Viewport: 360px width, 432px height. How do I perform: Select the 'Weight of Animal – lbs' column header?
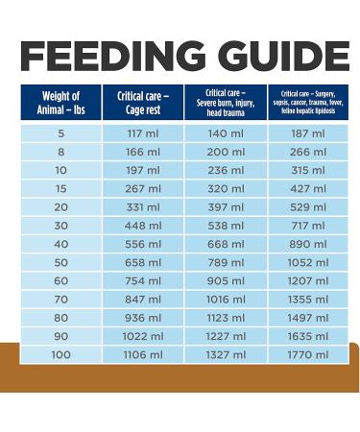(61, 103)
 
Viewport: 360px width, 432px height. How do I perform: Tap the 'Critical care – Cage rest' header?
(143, 103)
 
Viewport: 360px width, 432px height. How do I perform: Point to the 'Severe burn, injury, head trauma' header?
(227, 103)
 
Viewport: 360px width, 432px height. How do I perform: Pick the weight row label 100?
(61, 356)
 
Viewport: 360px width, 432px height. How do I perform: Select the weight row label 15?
(61, 188)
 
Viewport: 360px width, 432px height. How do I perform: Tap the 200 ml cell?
(227, 152)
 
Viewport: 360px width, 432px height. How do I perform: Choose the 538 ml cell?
(227, 226)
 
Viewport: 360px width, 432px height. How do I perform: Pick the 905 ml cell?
(227, 281)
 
